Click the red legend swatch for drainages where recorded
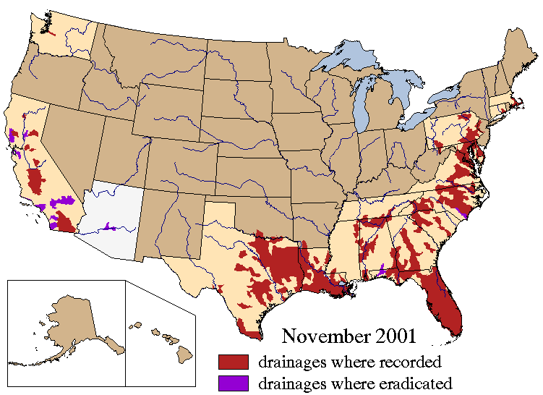pyautogui.click(x=233, y=360)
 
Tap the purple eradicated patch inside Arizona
pyautogui.click(x=108, y=226)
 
